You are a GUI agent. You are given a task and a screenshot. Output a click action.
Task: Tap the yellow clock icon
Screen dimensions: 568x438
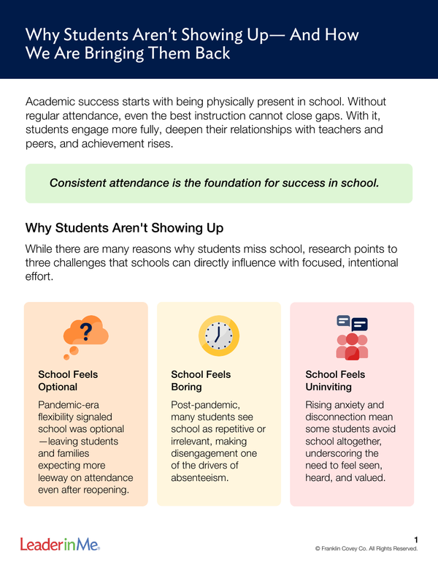218,336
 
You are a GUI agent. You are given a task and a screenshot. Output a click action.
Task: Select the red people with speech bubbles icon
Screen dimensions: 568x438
351,337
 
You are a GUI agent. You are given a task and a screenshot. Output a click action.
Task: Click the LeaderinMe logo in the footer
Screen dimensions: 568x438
60,544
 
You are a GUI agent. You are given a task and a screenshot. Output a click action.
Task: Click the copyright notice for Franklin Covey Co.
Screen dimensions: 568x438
366,548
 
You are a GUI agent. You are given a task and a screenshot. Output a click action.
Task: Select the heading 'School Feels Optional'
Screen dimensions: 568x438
68,380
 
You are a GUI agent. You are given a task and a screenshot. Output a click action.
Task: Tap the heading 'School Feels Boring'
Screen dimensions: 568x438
201,380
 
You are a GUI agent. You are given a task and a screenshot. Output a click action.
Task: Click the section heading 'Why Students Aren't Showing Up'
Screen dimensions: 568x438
124,227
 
